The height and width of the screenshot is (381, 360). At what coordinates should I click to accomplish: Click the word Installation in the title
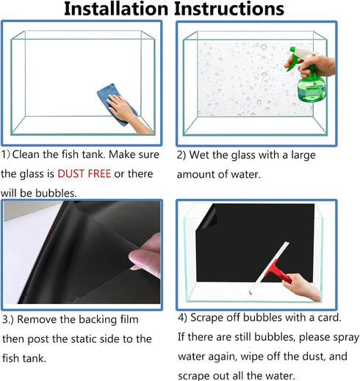point(116,9)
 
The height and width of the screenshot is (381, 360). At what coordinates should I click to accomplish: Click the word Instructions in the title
point(229,9)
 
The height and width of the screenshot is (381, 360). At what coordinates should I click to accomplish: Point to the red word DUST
point(71,174)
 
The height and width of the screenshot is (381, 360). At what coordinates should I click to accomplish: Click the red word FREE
point(99,174)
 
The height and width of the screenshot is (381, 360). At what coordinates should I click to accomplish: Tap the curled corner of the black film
point(206,217)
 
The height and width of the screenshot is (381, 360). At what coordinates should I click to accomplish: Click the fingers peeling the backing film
point(145,255)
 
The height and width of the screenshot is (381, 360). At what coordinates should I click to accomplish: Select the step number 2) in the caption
point(181,155)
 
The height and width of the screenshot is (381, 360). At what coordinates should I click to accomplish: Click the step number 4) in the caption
point(182,317)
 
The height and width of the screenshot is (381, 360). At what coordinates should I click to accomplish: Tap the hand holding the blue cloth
point(130,114)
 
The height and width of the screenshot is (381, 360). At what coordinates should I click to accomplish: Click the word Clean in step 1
point(26,154)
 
